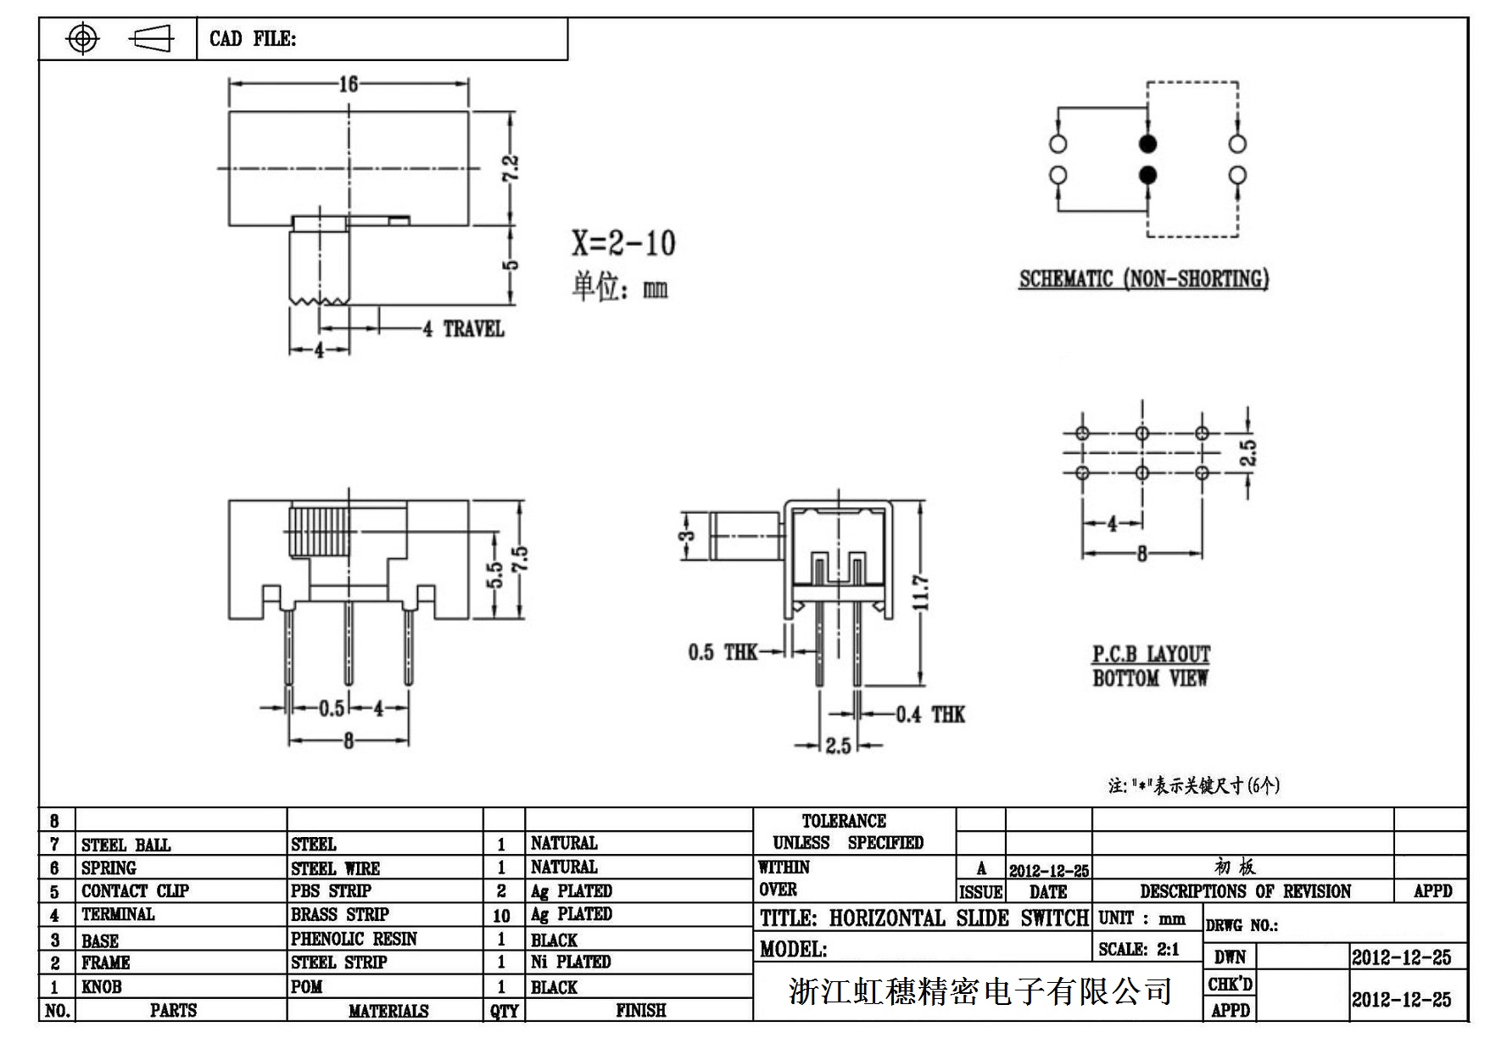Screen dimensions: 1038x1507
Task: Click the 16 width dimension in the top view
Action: click(x=349, y=83)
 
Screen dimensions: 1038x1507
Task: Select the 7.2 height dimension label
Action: click(x=511, y=167)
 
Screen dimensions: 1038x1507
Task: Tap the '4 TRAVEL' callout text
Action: click(x=464, y=329)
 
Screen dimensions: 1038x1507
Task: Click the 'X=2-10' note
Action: click(x=623, y=244)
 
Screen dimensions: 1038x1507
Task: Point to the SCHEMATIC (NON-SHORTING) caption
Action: click(x=1143, y=279)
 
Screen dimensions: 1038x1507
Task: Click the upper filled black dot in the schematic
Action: click(x=1147, y=143)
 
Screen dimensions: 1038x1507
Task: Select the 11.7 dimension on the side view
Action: click(x=923, y=592)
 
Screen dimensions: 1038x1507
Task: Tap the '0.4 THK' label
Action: click(x=930, y=715)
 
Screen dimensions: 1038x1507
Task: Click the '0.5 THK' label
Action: click(x=723, y=652)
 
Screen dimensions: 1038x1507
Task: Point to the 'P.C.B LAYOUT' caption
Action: click(x=1151, y=654)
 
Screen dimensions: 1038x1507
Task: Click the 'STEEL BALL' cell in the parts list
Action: click(x=126, y=845)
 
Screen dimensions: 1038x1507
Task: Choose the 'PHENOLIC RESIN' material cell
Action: click(x=354, y=939)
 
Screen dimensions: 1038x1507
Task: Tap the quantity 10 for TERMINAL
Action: click(x=501, y=915)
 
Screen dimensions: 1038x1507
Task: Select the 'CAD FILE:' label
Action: click(x=253, y=39)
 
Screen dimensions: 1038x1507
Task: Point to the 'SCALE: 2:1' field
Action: click(x=1139, y=949)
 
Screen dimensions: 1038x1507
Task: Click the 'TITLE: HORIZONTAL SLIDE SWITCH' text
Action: click(x=924, y=918)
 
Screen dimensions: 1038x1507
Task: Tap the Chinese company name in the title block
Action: click(x=980, y=991)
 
